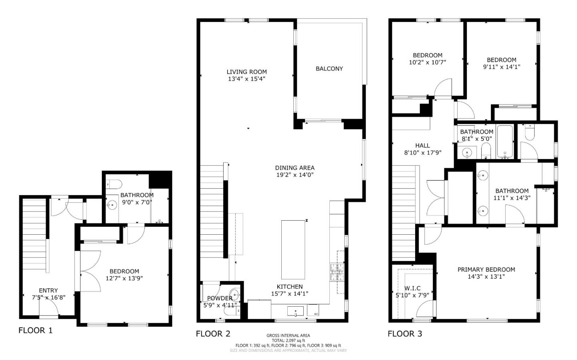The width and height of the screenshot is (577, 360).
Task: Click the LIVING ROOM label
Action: point(246,72)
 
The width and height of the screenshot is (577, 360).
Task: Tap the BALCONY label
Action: point(329,69)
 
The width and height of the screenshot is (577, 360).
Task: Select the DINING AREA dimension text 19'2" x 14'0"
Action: point(295,175)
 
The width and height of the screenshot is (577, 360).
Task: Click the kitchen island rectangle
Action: point(293,249)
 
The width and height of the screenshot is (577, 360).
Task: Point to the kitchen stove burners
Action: point(337,272)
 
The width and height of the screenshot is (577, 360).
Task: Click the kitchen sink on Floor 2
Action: point(295,311)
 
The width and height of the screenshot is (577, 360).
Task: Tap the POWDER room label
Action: point(220,298)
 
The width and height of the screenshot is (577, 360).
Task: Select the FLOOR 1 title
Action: point(35,331)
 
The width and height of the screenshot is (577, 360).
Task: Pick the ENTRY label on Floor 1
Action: point(48,291)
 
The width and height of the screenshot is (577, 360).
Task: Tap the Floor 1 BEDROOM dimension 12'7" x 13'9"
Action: point(124,278)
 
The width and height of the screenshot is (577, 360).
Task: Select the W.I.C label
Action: point(412,288)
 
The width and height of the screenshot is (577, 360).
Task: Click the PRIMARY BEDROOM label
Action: point(486,270)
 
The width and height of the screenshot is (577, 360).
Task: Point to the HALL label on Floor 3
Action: point(422,146)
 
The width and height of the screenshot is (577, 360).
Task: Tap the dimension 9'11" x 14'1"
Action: point(501,67)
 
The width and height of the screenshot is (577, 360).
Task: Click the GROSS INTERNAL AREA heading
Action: point(288,336)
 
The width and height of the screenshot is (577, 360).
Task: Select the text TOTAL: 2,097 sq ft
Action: point(288,340)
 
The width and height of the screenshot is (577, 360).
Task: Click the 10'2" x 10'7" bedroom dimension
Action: point(428,62)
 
